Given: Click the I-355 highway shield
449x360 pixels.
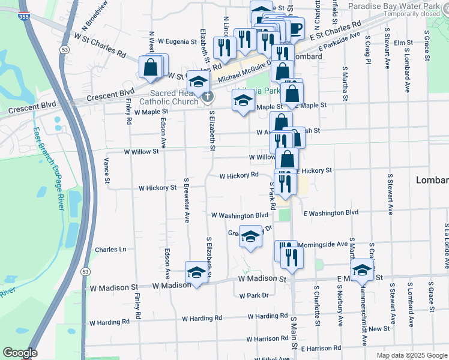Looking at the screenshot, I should (x=23, y=17).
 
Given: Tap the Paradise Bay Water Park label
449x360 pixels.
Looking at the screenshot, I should (x=401, y=5).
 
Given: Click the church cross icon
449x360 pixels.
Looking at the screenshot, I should (x=206, y=97).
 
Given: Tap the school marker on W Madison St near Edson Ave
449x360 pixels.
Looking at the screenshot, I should (x=196, y=272).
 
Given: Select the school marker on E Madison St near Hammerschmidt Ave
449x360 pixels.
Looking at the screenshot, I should (x=362, y=269).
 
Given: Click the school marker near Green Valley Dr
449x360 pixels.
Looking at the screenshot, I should (x=250, y=236).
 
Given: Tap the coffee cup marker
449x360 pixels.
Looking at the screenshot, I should (x=295, y=28).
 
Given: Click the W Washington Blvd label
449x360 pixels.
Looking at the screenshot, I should (x=240, y=215).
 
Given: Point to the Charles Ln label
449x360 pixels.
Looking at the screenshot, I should (x=110, y=249).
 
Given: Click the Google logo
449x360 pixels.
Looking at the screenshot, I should (x=20, y=353).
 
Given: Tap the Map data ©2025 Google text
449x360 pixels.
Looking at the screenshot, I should (x=412, y=355).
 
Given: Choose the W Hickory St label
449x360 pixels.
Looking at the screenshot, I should (x=157, y=188).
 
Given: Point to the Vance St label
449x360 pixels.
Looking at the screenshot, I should (x=107, y=170).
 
